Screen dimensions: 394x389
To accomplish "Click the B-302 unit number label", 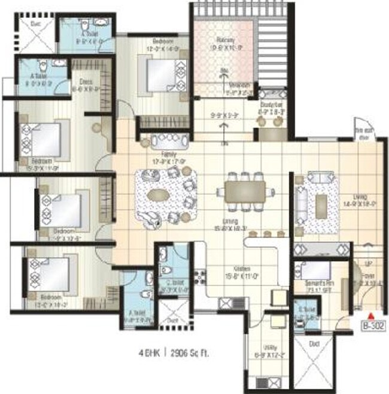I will [372, 327].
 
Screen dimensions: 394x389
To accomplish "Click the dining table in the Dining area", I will [242, 191].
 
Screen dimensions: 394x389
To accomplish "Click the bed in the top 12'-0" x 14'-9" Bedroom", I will [159, 73].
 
